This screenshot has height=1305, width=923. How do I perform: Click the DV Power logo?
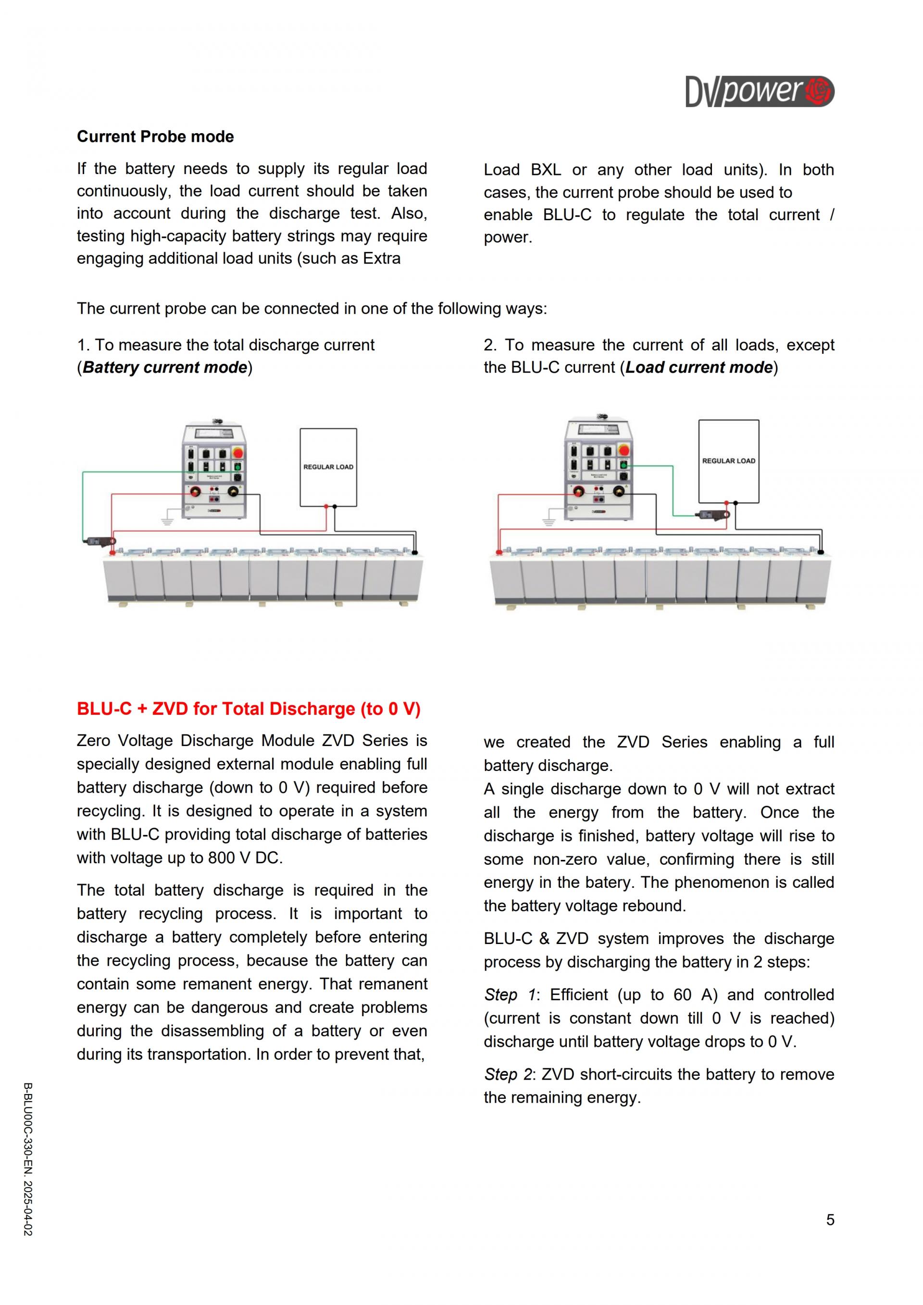tap(760, 91)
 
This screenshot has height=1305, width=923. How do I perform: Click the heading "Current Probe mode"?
tap(155, 137)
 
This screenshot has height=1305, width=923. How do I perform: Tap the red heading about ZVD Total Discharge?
tap(249, 709)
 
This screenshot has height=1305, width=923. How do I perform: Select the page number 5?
tap(830, 1220)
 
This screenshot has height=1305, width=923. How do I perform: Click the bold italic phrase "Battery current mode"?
tap(165, 367)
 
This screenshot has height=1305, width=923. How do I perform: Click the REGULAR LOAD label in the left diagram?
tap(328, 467)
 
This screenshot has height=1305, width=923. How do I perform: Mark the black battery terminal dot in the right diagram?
tap(820, 551)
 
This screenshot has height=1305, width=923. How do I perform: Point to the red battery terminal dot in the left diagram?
tap(112, 552)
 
